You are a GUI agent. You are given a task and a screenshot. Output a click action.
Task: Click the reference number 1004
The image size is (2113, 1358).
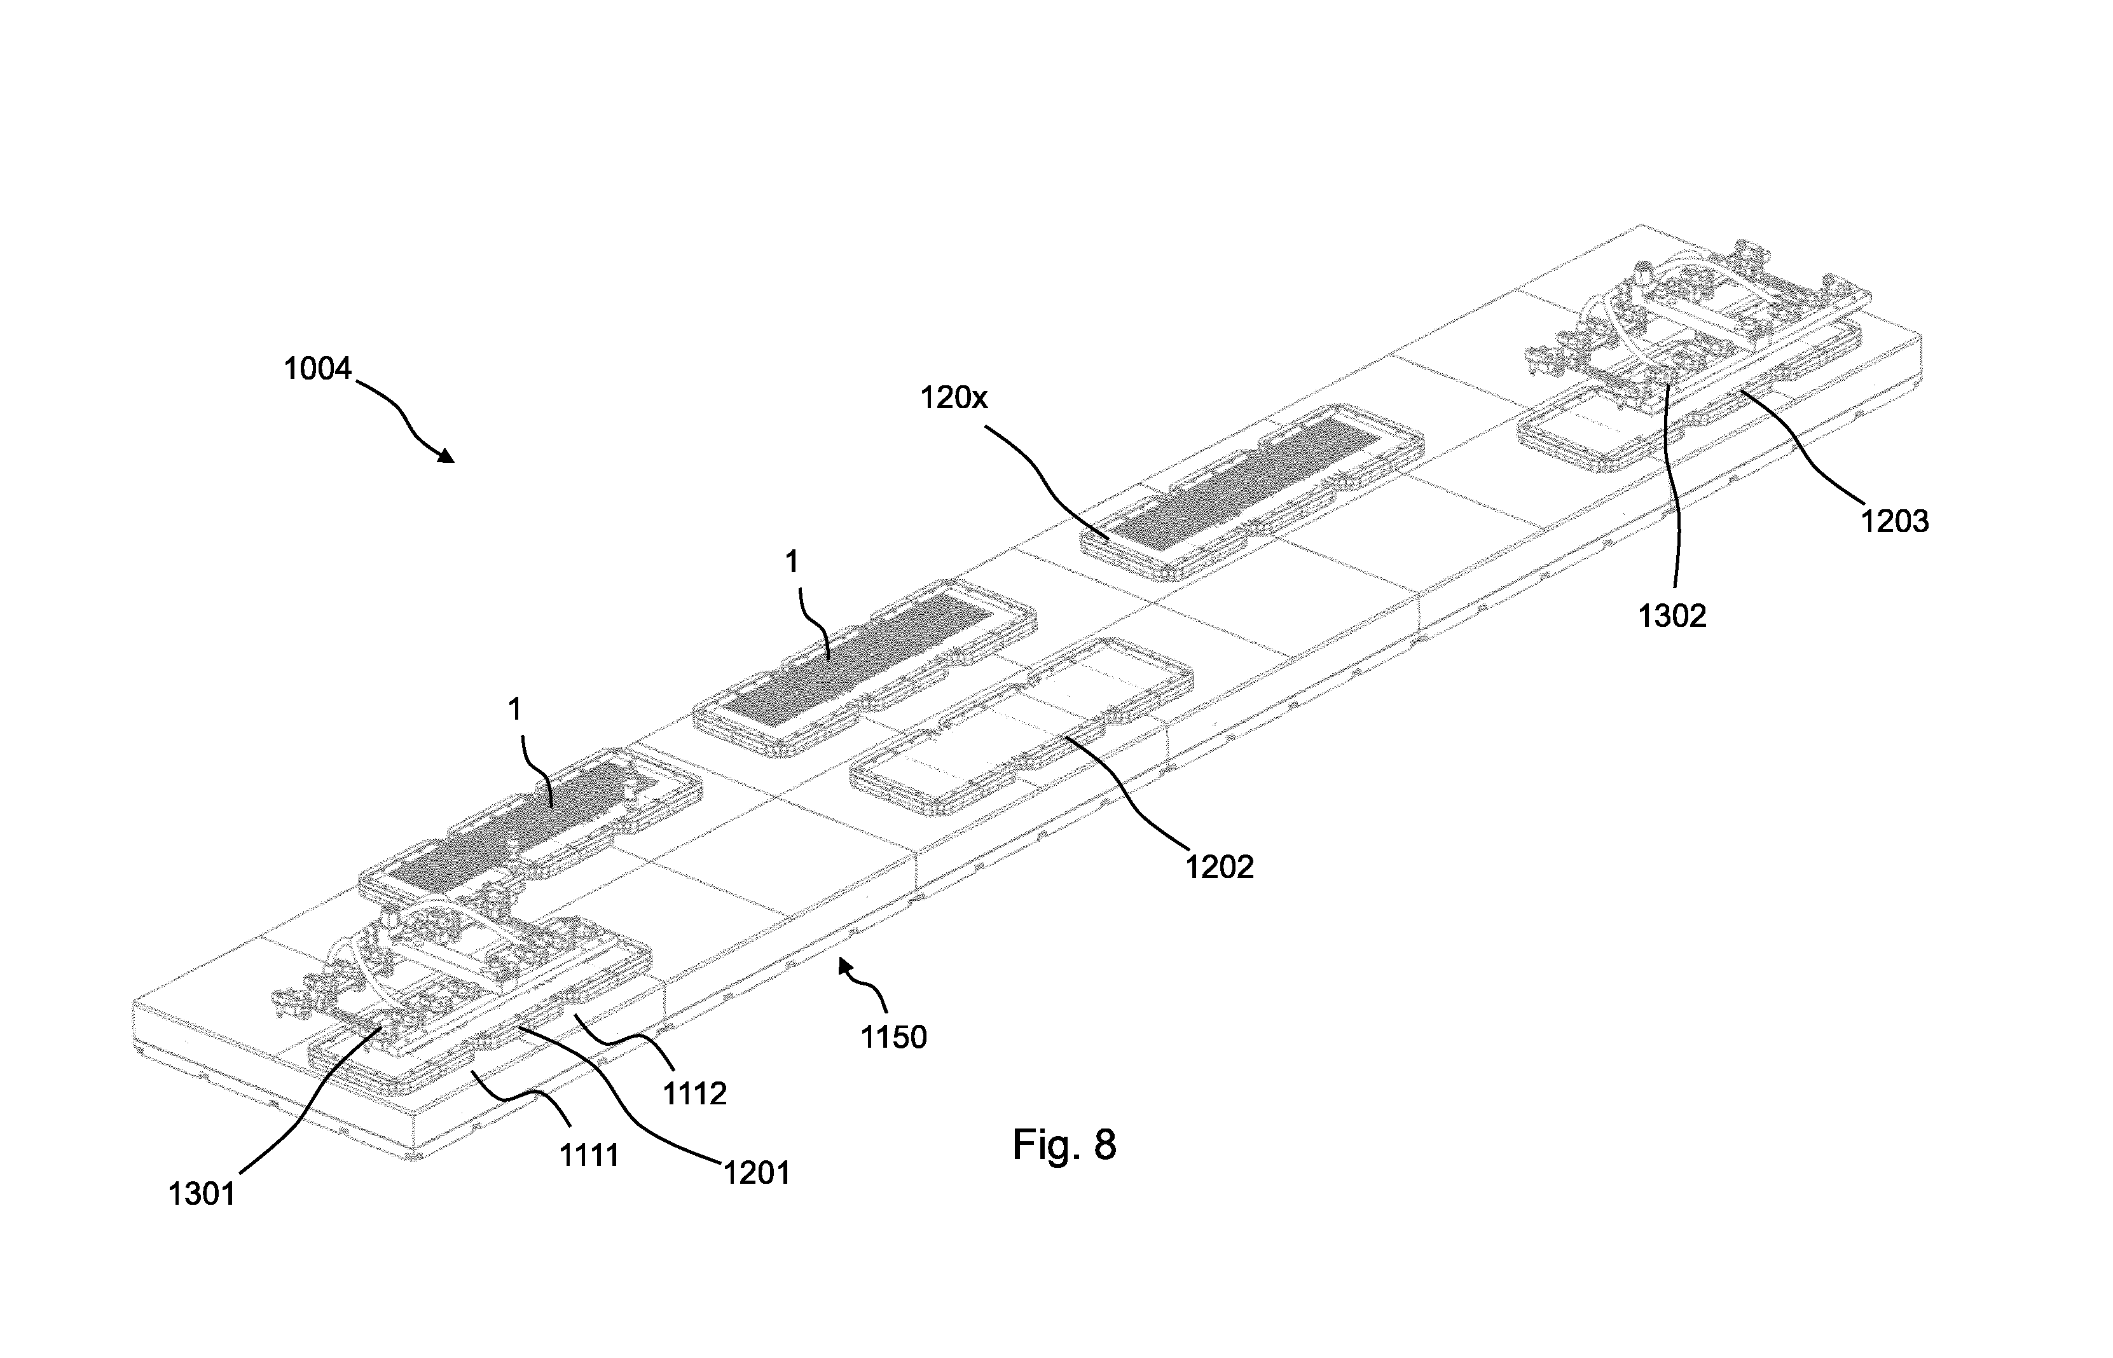click(317, 369)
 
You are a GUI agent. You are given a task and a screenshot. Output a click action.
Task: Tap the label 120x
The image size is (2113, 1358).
click(954, 399)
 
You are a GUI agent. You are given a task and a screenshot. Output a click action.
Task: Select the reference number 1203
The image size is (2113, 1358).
click(1894, 521)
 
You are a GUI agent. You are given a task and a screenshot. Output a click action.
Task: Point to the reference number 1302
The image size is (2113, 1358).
click(1672, 615)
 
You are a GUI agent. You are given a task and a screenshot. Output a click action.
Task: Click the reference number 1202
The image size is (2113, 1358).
click(1219, 867)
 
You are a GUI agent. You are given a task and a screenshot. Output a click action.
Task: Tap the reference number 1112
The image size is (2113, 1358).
click(695, 1094)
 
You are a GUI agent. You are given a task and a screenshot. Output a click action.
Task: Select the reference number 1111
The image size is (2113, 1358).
click(589, 1155)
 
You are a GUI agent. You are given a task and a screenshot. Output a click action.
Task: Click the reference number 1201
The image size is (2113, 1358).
click(757, 1173)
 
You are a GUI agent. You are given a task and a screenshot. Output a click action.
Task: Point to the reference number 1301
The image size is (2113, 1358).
click(202, 1194)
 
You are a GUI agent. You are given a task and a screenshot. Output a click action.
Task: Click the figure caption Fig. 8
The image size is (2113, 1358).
click(1064, 1144)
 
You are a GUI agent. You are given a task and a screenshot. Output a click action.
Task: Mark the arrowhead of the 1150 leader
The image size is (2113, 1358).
click(846, 966)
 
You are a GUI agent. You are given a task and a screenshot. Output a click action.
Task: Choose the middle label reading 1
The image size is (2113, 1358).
click(792, 562)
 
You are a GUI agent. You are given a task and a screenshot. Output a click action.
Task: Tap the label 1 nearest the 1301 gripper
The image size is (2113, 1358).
click(515, 710)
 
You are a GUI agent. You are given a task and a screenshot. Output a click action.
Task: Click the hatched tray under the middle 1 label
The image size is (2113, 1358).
click(864, 668)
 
